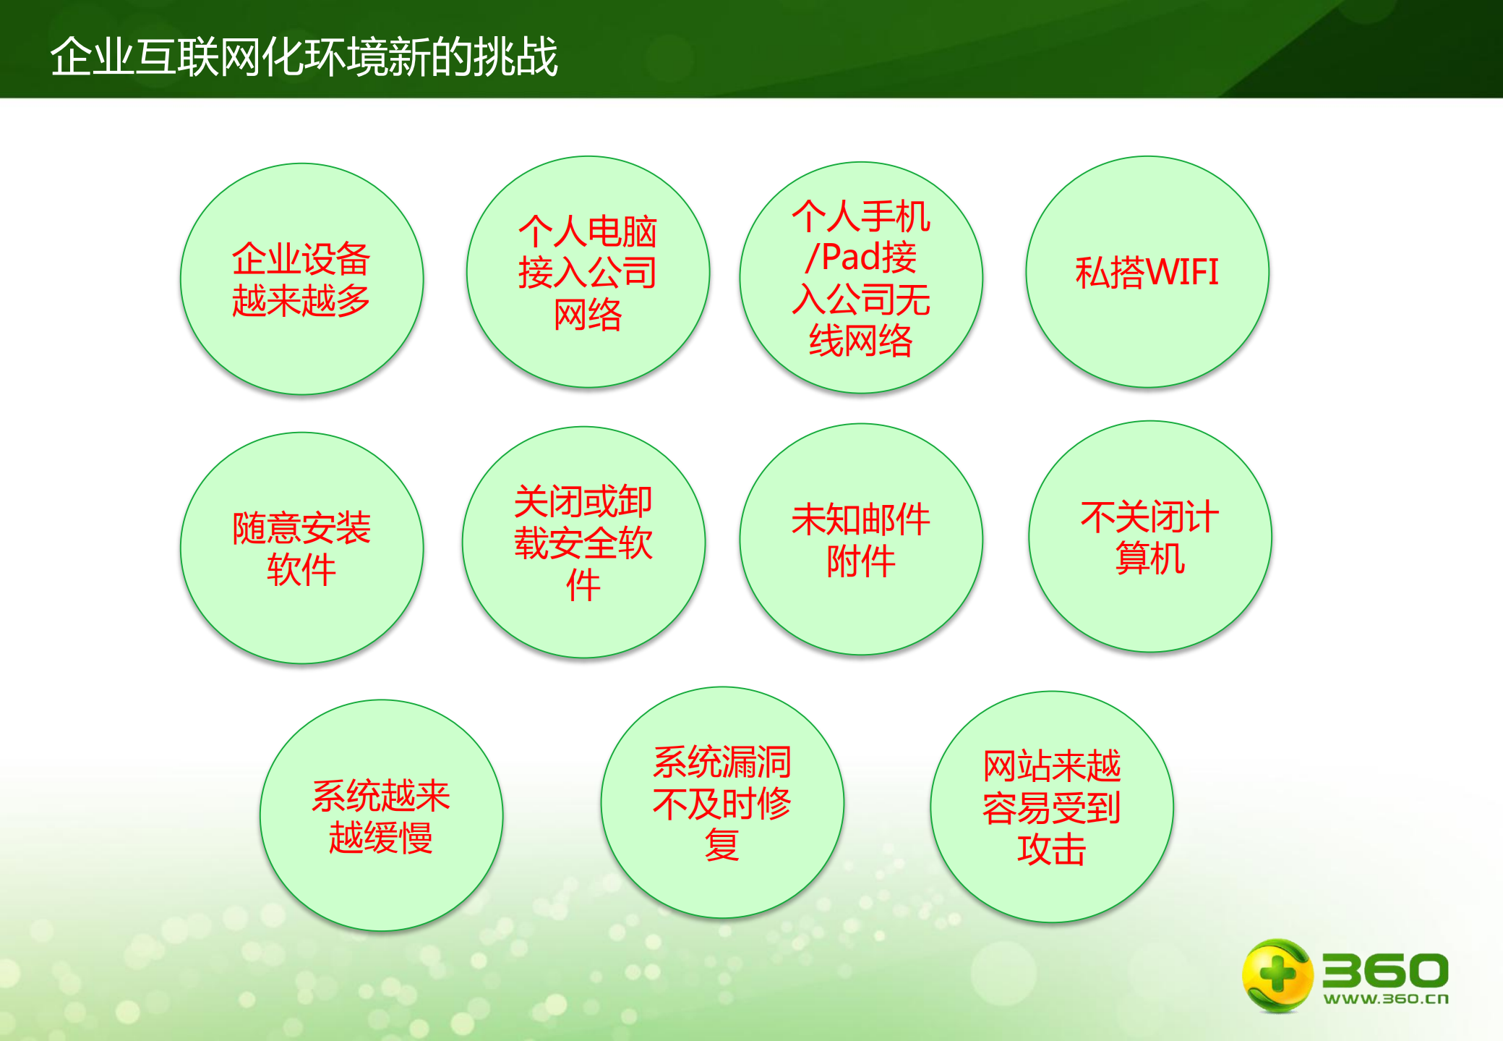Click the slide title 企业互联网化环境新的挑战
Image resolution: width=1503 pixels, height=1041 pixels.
[x=304, y=56]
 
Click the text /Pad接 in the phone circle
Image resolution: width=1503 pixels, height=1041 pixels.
[x=861, y=258]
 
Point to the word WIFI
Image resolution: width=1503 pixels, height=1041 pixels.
[x=1183, y=273]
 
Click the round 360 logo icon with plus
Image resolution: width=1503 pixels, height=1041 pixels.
[x=1277, y=975]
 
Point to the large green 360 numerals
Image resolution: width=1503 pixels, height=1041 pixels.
[x=1385, y=969]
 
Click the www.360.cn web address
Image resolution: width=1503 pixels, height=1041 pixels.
[x=1386, y=999]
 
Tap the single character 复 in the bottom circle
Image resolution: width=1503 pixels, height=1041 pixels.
[x=721, y=845]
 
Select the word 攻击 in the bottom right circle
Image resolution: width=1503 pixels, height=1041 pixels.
[x=1051, y=849]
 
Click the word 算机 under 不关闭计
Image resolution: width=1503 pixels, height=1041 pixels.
[x=1149, y=558]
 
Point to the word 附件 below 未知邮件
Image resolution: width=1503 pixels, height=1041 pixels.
[x=860, y=561]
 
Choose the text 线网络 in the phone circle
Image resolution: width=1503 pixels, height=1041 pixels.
[x=860, y=340]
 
